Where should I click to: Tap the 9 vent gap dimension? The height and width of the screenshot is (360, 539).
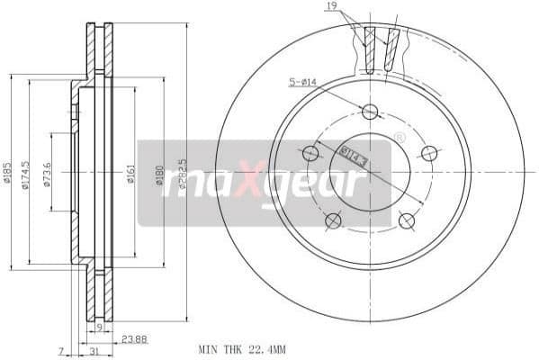point(99,327)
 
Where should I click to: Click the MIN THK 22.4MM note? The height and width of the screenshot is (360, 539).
point(241,348)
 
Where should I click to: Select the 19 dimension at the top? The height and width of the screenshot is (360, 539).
point(333,7)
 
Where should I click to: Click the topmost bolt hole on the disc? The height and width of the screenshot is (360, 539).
point(369,112)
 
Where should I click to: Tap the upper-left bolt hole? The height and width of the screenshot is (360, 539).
point(310,153)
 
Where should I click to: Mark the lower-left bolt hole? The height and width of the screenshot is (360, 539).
point(333,221)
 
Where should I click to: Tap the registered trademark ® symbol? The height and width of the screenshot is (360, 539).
point(399,138)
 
